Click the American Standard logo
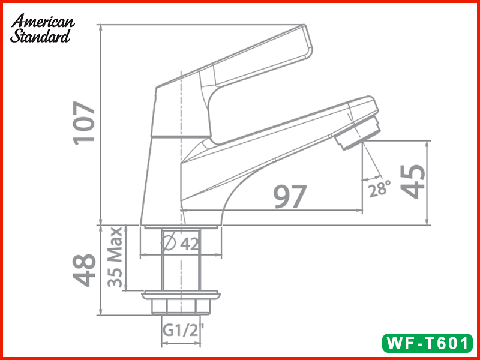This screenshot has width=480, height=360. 42,29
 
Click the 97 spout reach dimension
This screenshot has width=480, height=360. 290,196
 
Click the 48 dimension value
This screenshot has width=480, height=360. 85,270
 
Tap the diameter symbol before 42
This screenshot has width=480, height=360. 170,244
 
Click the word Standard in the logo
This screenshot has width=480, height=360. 40,36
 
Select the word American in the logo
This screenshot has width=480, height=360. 43,22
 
